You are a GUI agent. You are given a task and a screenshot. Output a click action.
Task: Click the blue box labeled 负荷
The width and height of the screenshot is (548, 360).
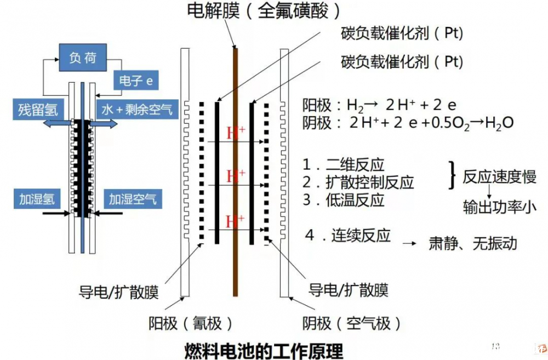point(83,58)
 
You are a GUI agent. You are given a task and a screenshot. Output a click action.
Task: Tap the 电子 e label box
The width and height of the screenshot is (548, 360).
point(136,81)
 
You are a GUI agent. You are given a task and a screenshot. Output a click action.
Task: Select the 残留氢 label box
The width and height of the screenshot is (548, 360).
point(38,110)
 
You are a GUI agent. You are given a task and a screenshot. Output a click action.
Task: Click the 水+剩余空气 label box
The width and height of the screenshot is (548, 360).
point(137,110)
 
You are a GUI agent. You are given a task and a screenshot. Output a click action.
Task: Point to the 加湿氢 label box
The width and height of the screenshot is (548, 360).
point(37,199)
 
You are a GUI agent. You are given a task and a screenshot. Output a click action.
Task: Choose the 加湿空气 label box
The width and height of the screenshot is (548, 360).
point(133,199)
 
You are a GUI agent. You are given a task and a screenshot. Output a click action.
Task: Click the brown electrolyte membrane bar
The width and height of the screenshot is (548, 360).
point(236,172)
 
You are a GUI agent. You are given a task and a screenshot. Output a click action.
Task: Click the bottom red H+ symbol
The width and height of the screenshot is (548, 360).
point(235,221)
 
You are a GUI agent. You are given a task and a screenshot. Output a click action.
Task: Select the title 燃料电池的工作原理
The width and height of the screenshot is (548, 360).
point(264,351)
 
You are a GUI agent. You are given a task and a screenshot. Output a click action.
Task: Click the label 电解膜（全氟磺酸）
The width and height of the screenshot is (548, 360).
point(264,10)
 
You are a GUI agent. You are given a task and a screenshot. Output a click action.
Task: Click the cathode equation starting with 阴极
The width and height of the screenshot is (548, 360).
point(408,123)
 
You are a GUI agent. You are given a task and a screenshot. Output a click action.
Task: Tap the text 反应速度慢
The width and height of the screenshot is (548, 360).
point(499,176)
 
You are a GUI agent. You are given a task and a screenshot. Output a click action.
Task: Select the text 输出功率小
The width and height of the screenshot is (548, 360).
point(499,207)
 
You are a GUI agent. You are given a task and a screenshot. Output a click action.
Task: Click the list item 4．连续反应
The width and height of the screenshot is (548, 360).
point(348,235)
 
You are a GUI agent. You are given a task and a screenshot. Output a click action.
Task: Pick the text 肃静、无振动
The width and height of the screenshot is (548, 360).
point(473,243)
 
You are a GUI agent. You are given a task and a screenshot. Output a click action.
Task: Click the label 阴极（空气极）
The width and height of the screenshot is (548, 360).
point(352,323)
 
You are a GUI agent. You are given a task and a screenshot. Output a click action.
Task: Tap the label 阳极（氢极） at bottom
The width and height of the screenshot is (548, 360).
point(191,323)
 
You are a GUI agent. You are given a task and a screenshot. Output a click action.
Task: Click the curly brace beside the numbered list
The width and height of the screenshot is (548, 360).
point(453,175)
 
